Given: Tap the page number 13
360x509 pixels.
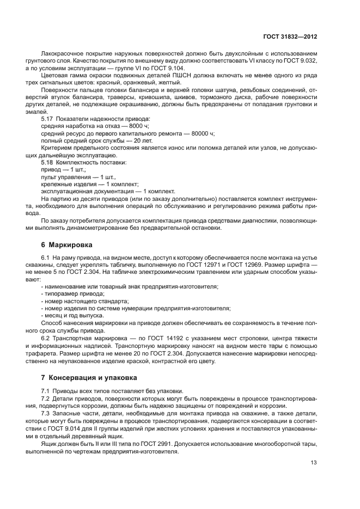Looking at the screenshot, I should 313,463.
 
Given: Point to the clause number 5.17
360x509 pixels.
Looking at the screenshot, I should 48,118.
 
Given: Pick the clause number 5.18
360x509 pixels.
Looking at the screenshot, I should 48,162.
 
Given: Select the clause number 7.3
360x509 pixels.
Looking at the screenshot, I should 46,413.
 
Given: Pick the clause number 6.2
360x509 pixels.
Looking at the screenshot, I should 46,339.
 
